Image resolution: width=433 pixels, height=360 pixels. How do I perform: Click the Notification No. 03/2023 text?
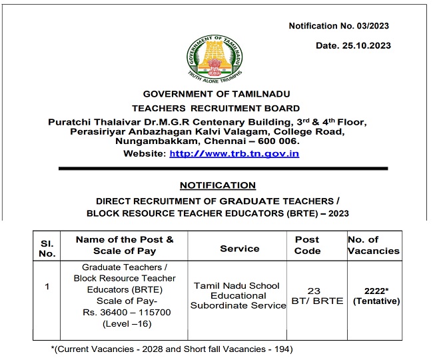(x=338, y=25)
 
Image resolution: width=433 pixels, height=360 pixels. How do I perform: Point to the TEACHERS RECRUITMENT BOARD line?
(x=216, y=108)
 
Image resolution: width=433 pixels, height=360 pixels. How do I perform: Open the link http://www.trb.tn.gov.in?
(x=234, y=153)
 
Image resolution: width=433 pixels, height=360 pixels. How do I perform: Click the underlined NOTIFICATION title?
(x=217, y=185)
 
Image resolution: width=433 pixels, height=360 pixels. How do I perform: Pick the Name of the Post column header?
(x=125, y=245)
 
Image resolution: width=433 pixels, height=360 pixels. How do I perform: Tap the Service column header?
(x=239, y=249)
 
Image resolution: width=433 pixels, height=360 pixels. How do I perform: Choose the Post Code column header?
(x=307, y=245)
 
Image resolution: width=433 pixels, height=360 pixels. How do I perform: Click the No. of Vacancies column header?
(x=373, y=245)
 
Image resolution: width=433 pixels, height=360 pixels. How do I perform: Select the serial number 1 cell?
(x=47, y=287)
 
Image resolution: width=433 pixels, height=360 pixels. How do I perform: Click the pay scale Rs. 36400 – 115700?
(x=125, y=311)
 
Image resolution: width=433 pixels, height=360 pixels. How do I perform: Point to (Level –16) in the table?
(x=125, y=323)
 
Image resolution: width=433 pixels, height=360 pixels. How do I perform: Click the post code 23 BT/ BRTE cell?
(x=318, y=295)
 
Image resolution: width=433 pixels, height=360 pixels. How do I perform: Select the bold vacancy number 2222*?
(x=376, y=291)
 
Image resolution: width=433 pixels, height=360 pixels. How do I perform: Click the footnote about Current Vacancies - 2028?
(x=172, y=349)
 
